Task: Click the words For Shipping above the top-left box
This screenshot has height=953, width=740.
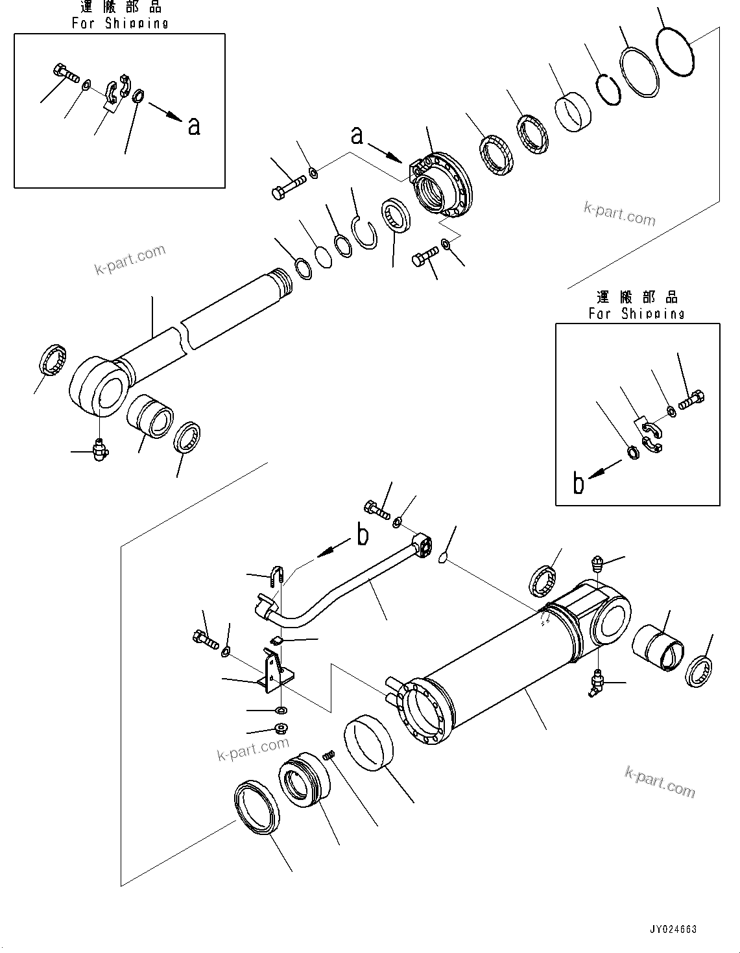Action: (x=120, y=23)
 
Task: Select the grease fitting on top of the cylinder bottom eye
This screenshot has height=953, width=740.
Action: (x=597, y=563)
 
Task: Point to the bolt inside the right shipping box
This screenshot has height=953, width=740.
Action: (x=692, y=401)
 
